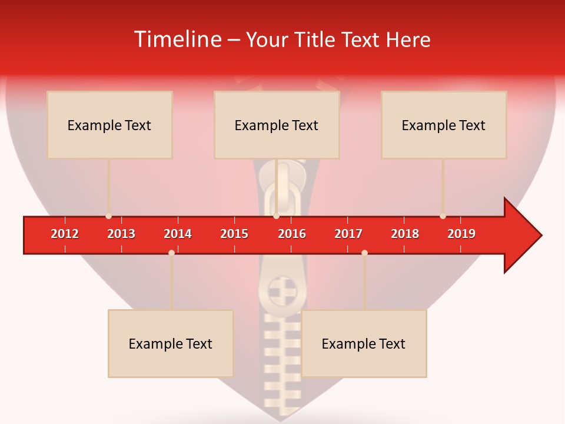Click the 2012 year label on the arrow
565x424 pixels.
tap(65, 234)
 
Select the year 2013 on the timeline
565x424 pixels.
tap(121, 234)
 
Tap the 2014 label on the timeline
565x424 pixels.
tap(178, 234)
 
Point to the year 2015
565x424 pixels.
tap(234, 234)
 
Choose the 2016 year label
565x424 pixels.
tap(292, 234)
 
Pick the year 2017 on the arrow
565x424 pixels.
tap(348, 234)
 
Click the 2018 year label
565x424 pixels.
tap(405, 234)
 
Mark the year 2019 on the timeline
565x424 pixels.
tap(461, 234)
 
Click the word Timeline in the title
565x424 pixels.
tap(177, 39)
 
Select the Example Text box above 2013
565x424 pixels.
tap(109, 125)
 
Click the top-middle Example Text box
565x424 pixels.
tap(277, 125)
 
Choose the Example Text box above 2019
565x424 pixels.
tap(444, 125)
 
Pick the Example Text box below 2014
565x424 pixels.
tap(171, 343)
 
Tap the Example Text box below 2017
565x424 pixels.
tap(364, 343)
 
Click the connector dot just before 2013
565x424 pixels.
tap(108, 216)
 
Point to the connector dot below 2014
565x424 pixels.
tap(171, 253)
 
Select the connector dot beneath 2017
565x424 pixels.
tap(364, 253)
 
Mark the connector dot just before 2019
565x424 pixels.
tap(443, 216)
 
